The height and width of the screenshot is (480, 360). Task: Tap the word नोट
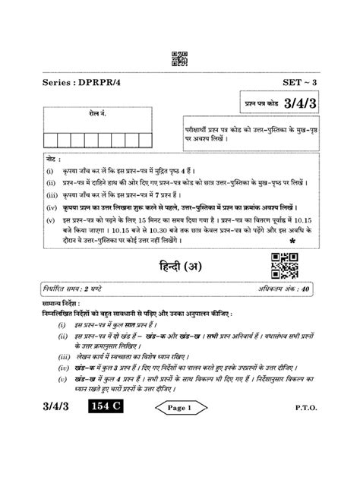point(51,162)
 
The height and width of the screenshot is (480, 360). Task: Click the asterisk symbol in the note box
point(292,241)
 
